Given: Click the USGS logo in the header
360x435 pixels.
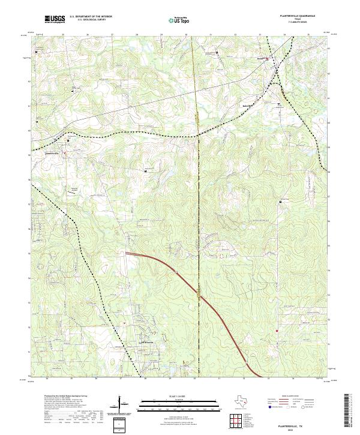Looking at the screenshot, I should click(x=55, y=19).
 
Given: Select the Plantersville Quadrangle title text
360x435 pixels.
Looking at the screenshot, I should click(x=298, y=16).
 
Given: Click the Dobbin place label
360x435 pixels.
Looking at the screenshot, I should click(x=261, y=58).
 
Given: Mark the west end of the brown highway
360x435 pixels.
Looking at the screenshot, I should click(x=126, y=254).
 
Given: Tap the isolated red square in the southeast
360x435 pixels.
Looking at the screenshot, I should click(x=277, y=331).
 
